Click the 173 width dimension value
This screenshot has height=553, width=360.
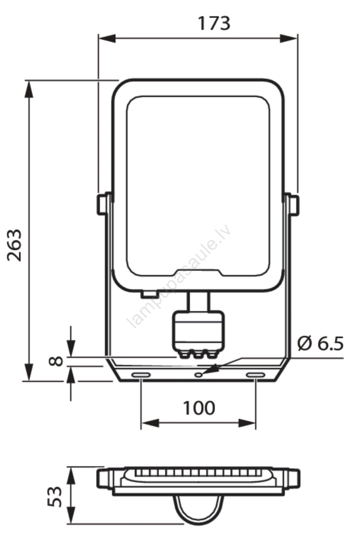(x=214, y=24)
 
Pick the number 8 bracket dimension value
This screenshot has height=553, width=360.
(x=56, y=361)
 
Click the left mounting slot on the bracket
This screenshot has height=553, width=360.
(x=141, y=375)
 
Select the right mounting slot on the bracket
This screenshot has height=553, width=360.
(x=256, y=375)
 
